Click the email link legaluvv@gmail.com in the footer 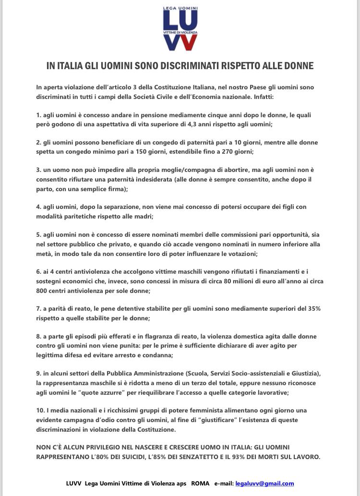click(264, 484)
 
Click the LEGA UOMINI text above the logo click(180, 9)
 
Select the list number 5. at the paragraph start click(39, 234)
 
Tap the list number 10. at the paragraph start click(41, 410)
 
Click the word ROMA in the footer click(201, 484)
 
